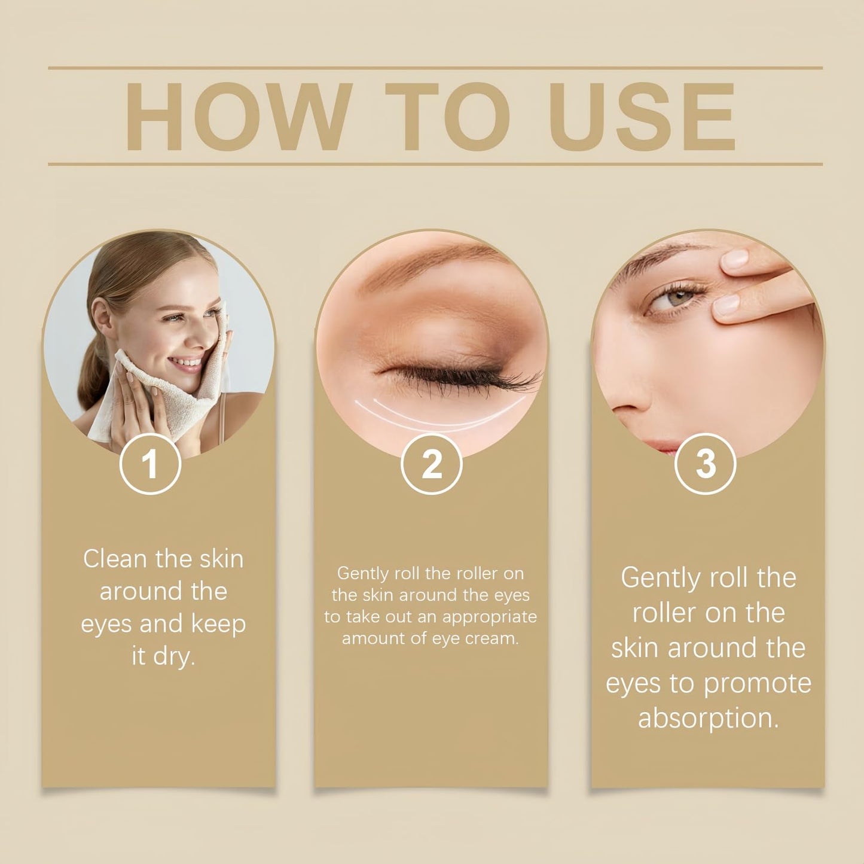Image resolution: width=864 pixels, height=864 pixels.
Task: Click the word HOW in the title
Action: point(237,117)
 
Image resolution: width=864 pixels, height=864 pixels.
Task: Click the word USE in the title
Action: point(642,117)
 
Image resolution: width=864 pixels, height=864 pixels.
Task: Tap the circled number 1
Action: point(150,463)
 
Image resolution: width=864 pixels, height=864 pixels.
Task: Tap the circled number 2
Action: point(431,463)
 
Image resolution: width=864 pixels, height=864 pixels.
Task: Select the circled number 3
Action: point(706,463)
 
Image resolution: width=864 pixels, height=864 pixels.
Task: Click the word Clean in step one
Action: point(115,559)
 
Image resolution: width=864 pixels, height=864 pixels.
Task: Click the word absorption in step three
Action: point(707,718)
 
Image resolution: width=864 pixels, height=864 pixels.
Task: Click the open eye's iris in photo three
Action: point(680,297)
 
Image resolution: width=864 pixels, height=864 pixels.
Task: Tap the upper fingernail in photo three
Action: point(736,260)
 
